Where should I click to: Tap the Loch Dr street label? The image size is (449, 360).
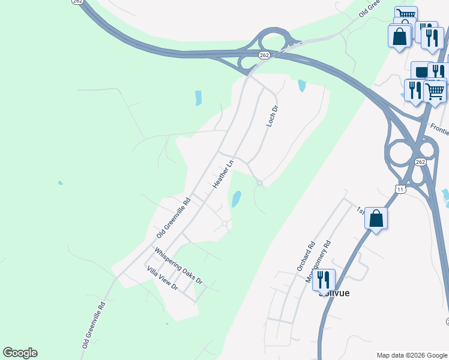[x=273, y=116]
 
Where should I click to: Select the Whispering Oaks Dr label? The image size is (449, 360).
[x=178, y=266]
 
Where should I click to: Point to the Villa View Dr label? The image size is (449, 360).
[x=163, y=278]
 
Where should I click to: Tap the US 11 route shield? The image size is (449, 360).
[x=400, y=189]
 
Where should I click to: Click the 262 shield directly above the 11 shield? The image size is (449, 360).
[x=420, y=163]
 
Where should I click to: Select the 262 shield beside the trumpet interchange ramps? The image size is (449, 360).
[x=265, y=55]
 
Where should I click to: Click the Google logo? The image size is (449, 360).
[x=20, y=353]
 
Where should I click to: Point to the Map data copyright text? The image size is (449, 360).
[x=412, y=355]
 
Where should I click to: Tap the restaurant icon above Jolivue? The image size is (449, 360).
[x=323, y=280]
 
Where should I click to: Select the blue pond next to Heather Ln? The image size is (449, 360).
[x=237, y=199]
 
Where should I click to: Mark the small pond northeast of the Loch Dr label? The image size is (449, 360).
[x=301, y=86]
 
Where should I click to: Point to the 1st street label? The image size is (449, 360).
[x=360, y=210]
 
